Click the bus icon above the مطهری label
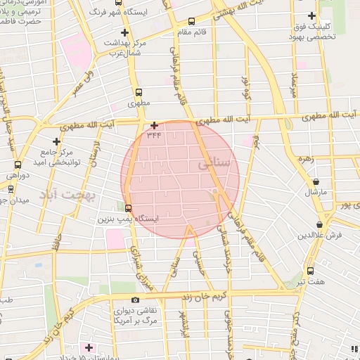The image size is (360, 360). coord(139,91)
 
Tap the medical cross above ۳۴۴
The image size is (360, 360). coord(154,125)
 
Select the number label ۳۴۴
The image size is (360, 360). coord(154,134)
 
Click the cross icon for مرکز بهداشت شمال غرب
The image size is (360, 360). coord(124,33)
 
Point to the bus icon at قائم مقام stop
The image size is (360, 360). coord(193,21)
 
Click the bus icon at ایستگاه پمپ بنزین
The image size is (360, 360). coord(127,207)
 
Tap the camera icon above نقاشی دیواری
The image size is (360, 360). coord(135,300)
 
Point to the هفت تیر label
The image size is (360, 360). coord(310,281)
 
